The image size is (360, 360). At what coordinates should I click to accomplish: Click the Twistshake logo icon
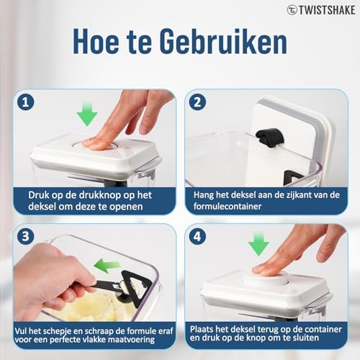pos(292,10)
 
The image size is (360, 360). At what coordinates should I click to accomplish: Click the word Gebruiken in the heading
pos(223,41)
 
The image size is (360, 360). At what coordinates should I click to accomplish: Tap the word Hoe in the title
pos(96,41)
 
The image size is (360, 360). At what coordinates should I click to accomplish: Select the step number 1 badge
pos(25,102)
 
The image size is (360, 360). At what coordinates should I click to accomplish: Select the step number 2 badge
pos(197,102)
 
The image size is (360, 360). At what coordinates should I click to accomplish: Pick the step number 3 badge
pos(25,236)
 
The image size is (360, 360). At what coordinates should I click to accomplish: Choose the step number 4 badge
pos(197,236)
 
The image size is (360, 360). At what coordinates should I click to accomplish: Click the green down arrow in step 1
pos(87,114)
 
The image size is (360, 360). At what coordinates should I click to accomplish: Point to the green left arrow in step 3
pos(107,266)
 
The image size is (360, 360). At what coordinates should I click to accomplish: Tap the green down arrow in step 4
pos(258,243)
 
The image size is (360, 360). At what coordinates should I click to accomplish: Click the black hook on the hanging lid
pos(270,138)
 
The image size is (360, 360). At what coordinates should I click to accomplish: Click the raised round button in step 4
pos(266,276)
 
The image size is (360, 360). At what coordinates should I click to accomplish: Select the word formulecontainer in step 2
pos(228,207)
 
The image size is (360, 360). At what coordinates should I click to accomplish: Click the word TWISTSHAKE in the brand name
pos(327,10)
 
